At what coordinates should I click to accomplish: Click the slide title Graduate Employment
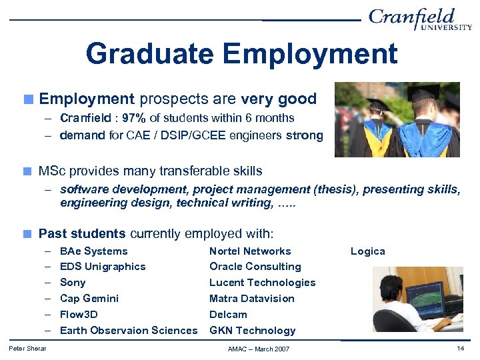[241, 53]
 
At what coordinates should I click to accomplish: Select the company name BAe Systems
[93, 251]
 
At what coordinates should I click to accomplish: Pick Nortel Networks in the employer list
[250, 251]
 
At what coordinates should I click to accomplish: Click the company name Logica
[368, 251]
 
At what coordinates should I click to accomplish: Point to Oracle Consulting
[255, 267]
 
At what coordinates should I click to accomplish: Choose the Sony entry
[73, 283]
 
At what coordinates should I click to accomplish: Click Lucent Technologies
[262, 283]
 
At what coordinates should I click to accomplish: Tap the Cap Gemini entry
[89, 299]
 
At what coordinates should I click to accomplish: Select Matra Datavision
[251, 299]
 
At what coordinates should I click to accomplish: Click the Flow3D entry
[79, 315]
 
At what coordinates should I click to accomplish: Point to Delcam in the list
[228, 315]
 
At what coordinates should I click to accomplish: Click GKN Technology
[252, 331]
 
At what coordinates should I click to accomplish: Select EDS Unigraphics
[103, 267]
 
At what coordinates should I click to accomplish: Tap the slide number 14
[460, 349]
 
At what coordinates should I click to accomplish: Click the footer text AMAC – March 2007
[259, 349]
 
